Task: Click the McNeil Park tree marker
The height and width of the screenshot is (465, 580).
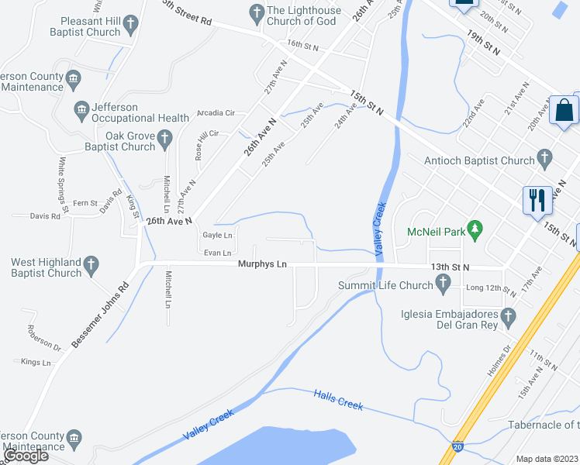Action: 477,231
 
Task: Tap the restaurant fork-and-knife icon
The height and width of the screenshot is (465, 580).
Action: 537,199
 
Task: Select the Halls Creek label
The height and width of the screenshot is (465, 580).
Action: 339,401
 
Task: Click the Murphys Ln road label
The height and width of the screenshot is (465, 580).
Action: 262,265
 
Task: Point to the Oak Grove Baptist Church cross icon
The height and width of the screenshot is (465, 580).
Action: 164,139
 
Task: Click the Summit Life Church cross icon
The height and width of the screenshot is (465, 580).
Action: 444,286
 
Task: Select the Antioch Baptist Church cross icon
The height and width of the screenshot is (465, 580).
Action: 544,160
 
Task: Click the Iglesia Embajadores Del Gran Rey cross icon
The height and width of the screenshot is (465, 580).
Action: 508,316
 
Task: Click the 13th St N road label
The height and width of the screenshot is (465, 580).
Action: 451,267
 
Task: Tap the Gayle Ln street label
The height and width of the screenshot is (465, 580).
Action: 217,235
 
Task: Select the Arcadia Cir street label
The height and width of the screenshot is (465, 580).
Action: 216,113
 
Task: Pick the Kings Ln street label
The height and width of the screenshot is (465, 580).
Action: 36,362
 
